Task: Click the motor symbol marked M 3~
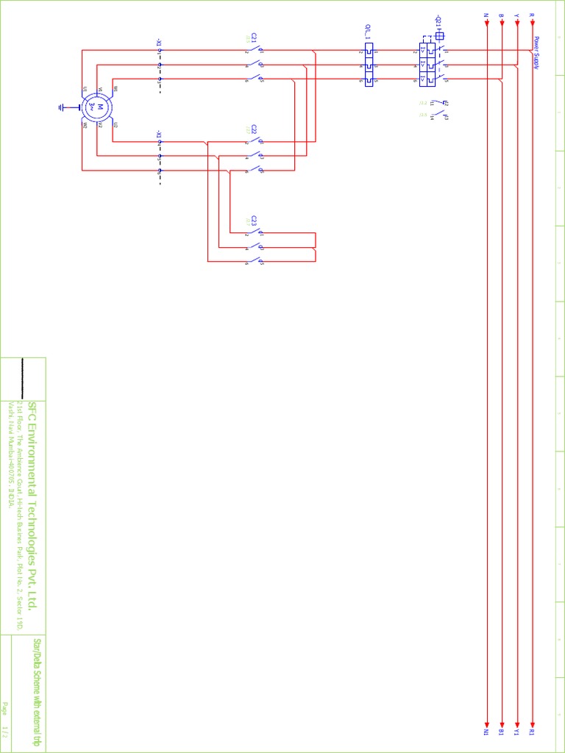click(97, 107)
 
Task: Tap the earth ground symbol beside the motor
click(63, 107)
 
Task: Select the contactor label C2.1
click(254, 37)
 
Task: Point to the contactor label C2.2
click(254, 129)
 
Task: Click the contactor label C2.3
click(254, 220)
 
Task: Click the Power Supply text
click(536, 53)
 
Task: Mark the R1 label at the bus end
click(532, 732)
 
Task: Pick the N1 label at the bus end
click(486, 732)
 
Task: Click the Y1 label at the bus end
click(516, 732)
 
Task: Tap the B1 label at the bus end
click(501, 732)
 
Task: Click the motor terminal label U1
click(85, 89)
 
